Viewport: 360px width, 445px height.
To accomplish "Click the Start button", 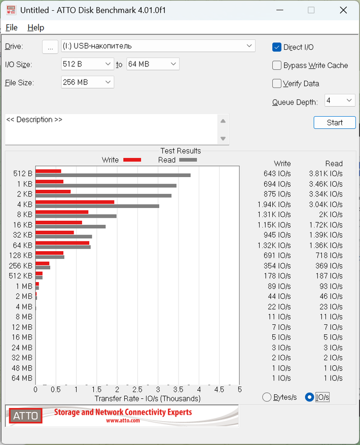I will pos(335,122).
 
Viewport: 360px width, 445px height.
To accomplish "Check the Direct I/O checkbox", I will pos(277,47).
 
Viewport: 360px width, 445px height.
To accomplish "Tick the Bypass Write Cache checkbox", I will pos(277,65).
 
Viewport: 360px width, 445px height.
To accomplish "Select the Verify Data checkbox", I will pos(277,84).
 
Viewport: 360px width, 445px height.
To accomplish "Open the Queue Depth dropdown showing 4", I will pos(339,100).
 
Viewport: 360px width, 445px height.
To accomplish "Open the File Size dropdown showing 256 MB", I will pos(87,82).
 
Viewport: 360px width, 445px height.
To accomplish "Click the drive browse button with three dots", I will pos(50,47).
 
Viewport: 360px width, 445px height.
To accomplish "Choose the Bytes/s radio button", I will pos(267,397).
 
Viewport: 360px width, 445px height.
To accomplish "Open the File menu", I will pos(11,27).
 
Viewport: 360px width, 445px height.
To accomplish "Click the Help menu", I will pos(35,27).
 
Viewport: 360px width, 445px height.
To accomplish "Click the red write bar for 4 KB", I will pos(75,202).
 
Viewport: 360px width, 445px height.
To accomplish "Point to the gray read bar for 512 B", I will pos(113,176).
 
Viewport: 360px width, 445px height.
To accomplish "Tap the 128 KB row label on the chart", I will pos(21,255).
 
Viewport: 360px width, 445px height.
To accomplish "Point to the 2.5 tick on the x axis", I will pos(137,390).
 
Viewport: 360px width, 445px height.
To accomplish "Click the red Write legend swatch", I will pos(132,160).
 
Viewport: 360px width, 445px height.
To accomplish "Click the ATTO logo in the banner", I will pos(25,416).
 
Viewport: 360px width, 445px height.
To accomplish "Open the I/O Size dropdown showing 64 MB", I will pos(153,64).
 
